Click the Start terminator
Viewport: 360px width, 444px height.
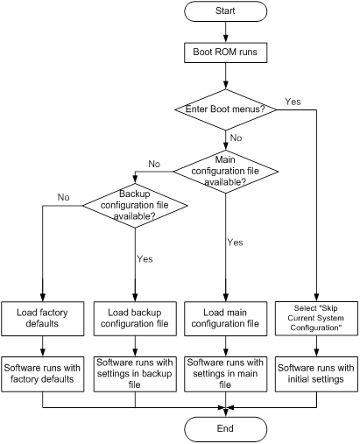pos(225,11)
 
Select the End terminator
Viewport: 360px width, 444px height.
pos(225,429)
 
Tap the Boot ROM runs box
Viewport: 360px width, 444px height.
pos(225,53)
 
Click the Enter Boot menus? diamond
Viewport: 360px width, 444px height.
pos(225,109)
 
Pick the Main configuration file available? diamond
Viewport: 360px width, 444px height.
pos(225,172)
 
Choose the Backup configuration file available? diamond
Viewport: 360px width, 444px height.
pos(135,206)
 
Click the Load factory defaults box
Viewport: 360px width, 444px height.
pos(43,319)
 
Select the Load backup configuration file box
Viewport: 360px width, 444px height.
pos(135,319)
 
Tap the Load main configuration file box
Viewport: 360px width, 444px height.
pos(225,319)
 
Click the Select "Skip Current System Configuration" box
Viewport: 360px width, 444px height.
pos(316,318)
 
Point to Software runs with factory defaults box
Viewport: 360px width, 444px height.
pos(43,374)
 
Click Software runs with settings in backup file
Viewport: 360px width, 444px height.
pos(135,374)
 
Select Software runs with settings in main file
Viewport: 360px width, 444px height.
pos(225,374)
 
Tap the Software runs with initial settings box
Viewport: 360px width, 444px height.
pos(316,374)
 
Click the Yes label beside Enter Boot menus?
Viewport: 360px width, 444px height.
pos(293,102)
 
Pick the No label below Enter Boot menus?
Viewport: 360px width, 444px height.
pos(236,137)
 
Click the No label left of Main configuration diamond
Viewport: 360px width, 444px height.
pos(154,164)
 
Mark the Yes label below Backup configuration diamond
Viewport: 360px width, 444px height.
pos(145,259)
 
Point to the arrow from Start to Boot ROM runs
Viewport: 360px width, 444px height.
pos(225,32)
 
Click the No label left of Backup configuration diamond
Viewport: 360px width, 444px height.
pos(63,197)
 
